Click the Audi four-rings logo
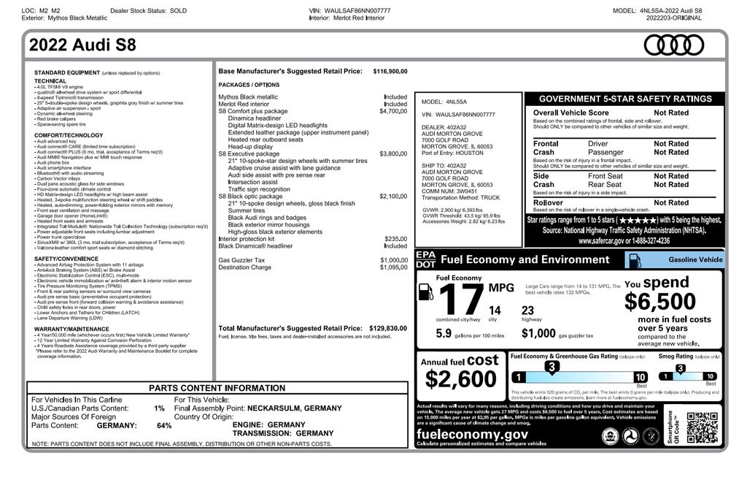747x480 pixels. click(x=673, y=45)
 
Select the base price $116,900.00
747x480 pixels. click(x=390, y=72)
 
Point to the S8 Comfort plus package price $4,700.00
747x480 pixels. click(x=393, y=111)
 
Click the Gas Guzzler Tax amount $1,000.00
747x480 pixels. click(x=393, y=260)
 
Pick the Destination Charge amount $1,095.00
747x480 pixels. click(x=393, y=267)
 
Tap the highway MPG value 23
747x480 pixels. click(x=528, y=311)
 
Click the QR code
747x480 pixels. click(x=702, y=427)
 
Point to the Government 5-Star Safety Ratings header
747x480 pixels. click(x=624, y=99)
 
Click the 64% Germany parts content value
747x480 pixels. click(x=164, y=425)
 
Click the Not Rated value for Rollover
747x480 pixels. click(x=670, y=202)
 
